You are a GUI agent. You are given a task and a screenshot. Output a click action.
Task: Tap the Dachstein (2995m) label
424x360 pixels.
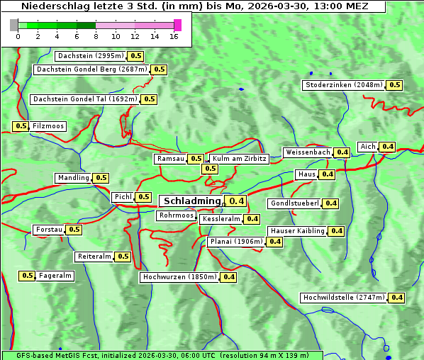click(90, 56)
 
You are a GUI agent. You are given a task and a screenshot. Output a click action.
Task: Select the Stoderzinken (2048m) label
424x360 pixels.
click(344, 85)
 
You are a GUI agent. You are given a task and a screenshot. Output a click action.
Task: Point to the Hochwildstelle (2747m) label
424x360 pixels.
click(343, 298)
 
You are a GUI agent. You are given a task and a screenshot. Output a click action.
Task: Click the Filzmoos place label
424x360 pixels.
click(48, 126)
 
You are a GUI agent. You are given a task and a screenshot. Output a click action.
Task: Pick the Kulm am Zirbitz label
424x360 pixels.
click(239, 159)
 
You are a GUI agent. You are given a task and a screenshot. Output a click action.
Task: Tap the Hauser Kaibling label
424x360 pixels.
click(297, 231)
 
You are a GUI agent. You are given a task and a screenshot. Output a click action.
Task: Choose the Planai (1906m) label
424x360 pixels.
click(236, 242)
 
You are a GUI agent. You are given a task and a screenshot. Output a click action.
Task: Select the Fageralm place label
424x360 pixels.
click(55, 276)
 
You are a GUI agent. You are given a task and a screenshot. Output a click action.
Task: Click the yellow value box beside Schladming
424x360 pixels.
click(237, 201)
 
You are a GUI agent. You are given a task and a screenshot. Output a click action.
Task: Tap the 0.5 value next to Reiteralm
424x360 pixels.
click(123, 257)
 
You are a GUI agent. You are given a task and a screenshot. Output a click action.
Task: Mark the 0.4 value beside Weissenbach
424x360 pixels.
click(342, 152)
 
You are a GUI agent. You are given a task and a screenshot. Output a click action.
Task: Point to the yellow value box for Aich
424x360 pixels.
click(387, 147)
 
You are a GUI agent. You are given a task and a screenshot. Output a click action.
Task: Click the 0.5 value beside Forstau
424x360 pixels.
click(74, 230)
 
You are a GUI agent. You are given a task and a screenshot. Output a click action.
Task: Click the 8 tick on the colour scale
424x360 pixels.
click(96, 36)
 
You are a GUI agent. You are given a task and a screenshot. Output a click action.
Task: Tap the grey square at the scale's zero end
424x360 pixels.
click(14, 25)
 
